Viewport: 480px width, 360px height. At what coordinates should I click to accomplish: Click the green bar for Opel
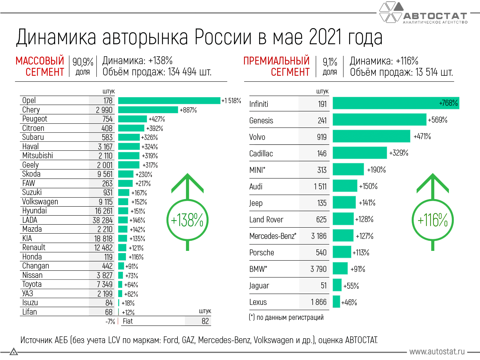point(169,100)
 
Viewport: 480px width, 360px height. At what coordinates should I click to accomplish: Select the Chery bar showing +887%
point(148,110)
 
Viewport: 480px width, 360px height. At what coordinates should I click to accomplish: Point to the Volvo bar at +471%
point(371,136)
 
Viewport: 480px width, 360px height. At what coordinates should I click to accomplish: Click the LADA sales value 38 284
point(102,220)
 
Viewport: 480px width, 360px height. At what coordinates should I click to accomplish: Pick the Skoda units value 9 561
point(105,174)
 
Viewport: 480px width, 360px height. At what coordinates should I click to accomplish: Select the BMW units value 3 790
point(318,269)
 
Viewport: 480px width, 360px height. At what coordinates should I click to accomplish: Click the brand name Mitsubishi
point(37,156)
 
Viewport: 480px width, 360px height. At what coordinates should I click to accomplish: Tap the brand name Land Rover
point(266,219)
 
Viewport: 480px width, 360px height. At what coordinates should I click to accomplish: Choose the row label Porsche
point(262,252)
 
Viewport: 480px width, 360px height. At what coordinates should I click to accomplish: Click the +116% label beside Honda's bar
point(136,257)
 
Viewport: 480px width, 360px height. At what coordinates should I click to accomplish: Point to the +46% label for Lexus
point(349,302)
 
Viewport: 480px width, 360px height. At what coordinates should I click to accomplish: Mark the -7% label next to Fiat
point(110,321)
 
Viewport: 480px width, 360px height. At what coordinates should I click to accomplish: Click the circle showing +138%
point(187,220)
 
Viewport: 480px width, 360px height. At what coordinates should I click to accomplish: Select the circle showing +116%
point(432,220)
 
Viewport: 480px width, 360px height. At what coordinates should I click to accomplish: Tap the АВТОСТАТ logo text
point(435,16)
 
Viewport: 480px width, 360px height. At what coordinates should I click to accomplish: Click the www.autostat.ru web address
point(437,351)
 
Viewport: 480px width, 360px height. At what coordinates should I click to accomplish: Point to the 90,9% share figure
point(83,61)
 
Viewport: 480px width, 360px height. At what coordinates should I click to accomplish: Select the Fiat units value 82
point(205,321)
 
